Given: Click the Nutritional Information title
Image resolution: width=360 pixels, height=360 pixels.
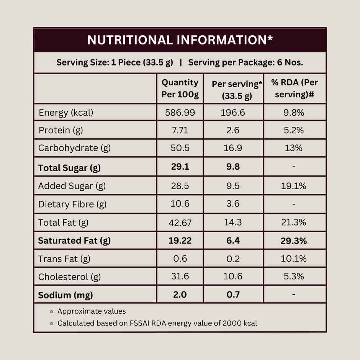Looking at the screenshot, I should point(180,40).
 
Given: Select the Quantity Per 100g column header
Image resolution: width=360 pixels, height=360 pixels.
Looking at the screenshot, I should point(180,88).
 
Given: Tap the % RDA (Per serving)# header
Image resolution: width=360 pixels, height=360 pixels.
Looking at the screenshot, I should point(294,88).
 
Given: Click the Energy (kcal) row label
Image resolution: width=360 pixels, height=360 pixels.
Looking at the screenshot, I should point(66,113).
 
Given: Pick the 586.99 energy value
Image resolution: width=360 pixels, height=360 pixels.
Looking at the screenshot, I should point(180,113).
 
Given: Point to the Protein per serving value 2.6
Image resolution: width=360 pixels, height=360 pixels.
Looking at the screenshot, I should point(233,130).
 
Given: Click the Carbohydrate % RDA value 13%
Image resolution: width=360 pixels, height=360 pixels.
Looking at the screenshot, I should point(294,148).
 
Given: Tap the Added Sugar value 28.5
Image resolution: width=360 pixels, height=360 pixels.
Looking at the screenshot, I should point(180,186).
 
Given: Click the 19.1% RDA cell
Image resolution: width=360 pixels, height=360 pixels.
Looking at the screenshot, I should point(294,186).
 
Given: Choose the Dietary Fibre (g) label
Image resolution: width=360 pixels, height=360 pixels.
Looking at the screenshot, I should point(72,204).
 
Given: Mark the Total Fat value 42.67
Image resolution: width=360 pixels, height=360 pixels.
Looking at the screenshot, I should point(180,223).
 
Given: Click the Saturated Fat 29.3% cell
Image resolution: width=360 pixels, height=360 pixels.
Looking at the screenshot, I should point(294,241).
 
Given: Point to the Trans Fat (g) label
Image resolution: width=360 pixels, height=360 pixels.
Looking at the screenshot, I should point(64,259).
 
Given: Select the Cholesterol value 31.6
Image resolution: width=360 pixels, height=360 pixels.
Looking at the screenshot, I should point(180,277).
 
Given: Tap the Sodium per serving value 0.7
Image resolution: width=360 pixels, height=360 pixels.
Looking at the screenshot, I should point(233,295).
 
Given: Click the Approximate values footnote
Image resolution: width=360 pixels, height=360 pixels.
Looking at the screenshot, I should point(92,311).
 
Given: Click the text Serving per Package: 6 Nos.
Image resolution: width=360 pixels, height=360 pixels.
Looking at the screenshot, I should point(245,62).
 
